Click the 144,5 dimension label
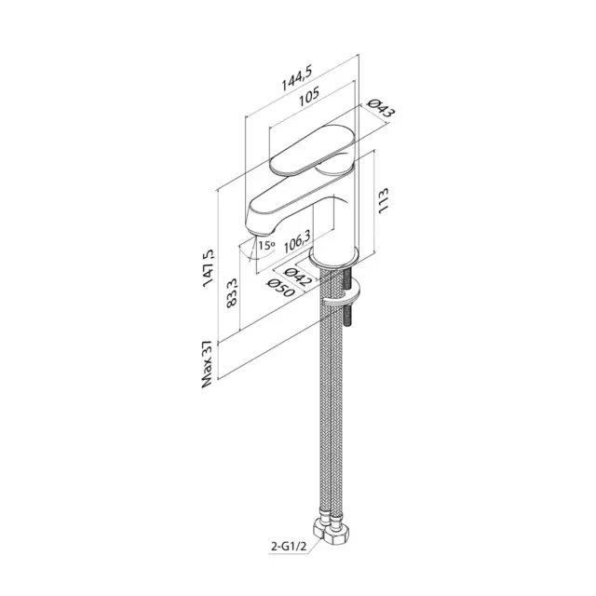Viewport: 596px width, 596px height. [x=296, y=78]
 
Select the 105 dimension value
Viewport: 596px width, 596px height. [x=308, y=97]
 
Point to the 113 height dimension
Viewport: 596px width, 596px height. [x=383, y=200]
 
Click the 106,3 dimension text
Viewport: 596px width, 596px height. [x=298, y=241]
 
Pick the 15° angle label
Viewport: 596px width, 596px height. [x=266, y=245]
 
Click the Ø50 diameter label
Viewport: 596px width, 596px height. [x=281, y=288]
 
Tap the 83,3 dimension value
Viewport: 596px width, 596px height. [x=232, y=292]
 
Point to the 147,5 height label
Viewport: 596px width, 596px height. [x=209, y=267]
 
